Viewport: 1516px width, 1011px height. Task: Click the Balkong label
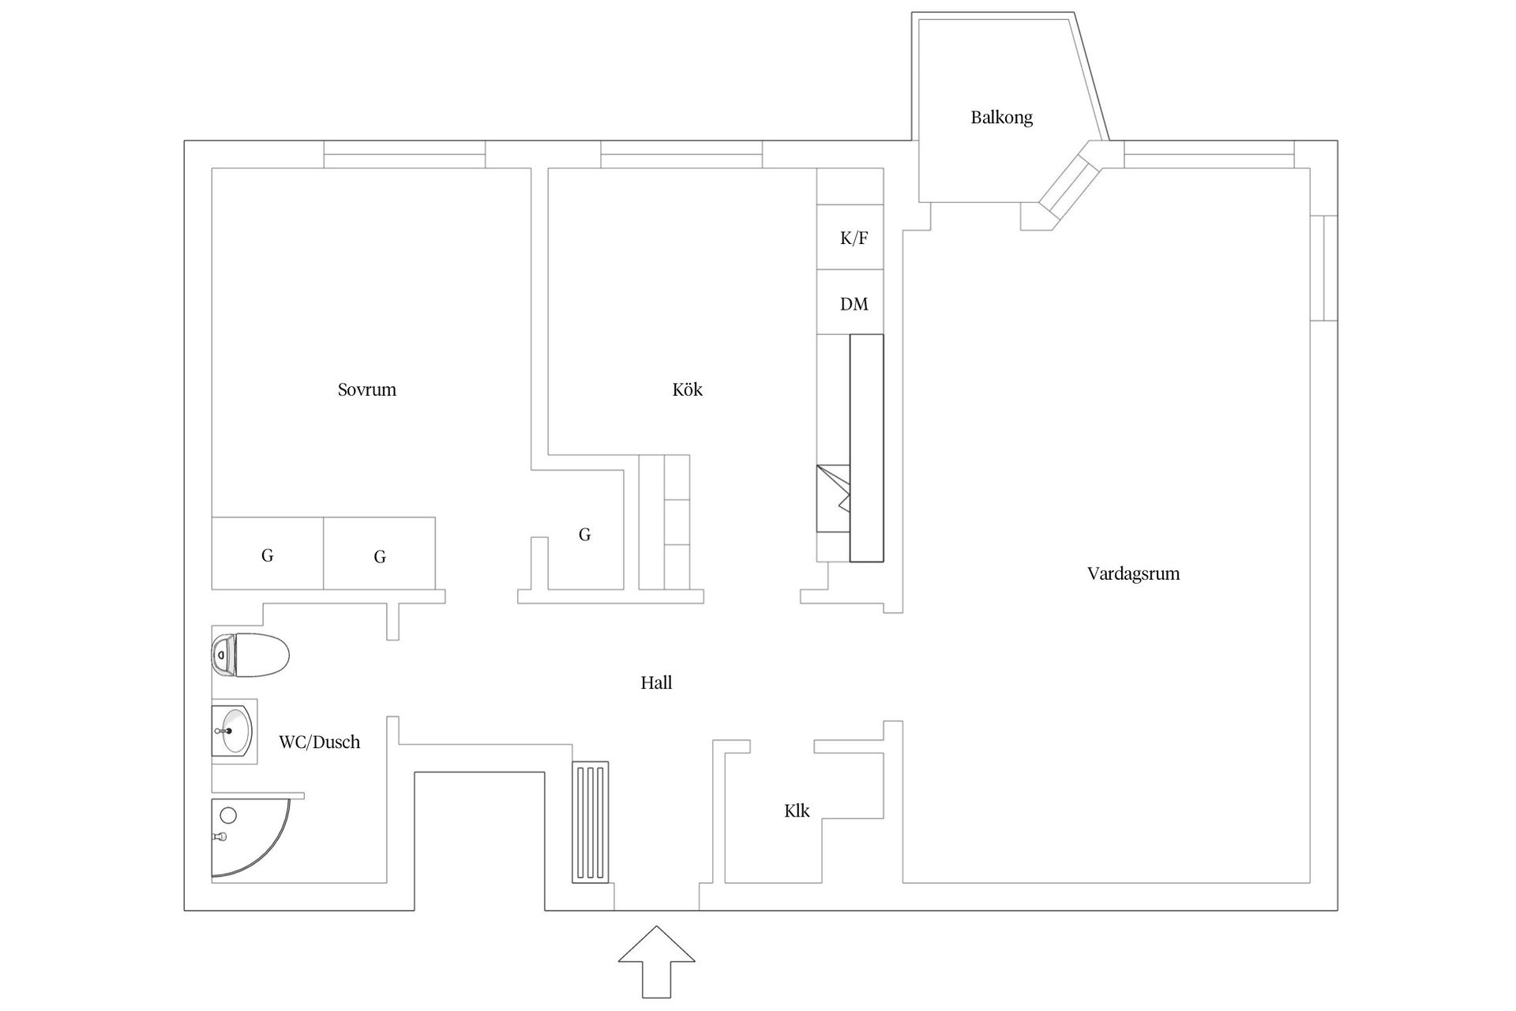point(1001,118)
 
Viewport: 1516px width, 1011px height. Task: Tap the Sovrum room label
point(366,389)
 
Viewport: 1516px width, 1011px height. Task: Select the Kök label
point(687,389)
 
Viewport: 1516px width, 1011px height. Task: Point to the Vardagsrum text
point(1133,573)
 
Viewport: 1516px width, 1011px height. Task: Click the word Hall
point(656,682)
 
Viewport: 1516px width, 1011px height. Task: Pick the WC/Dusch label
point(319,742)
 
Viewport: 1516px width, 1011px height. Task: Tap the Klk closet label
point(796,810)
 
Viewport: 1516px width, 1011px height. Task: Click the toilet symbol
point(251,655)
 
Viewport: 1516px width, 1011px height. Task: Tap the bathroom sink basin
point(234,731)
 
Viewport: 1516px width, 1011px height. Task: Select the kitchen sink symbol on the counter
point(832,498)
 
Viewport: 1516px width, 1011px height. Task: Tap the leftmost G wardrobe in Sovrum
point(267,554)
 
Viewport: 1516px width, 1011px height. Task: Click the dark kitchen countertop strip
point(866,448)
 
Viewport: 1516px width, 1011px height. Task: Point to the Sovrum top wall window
point(404,154)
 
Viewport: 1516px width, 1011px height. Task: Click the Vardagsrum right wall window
point(1324,268)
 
